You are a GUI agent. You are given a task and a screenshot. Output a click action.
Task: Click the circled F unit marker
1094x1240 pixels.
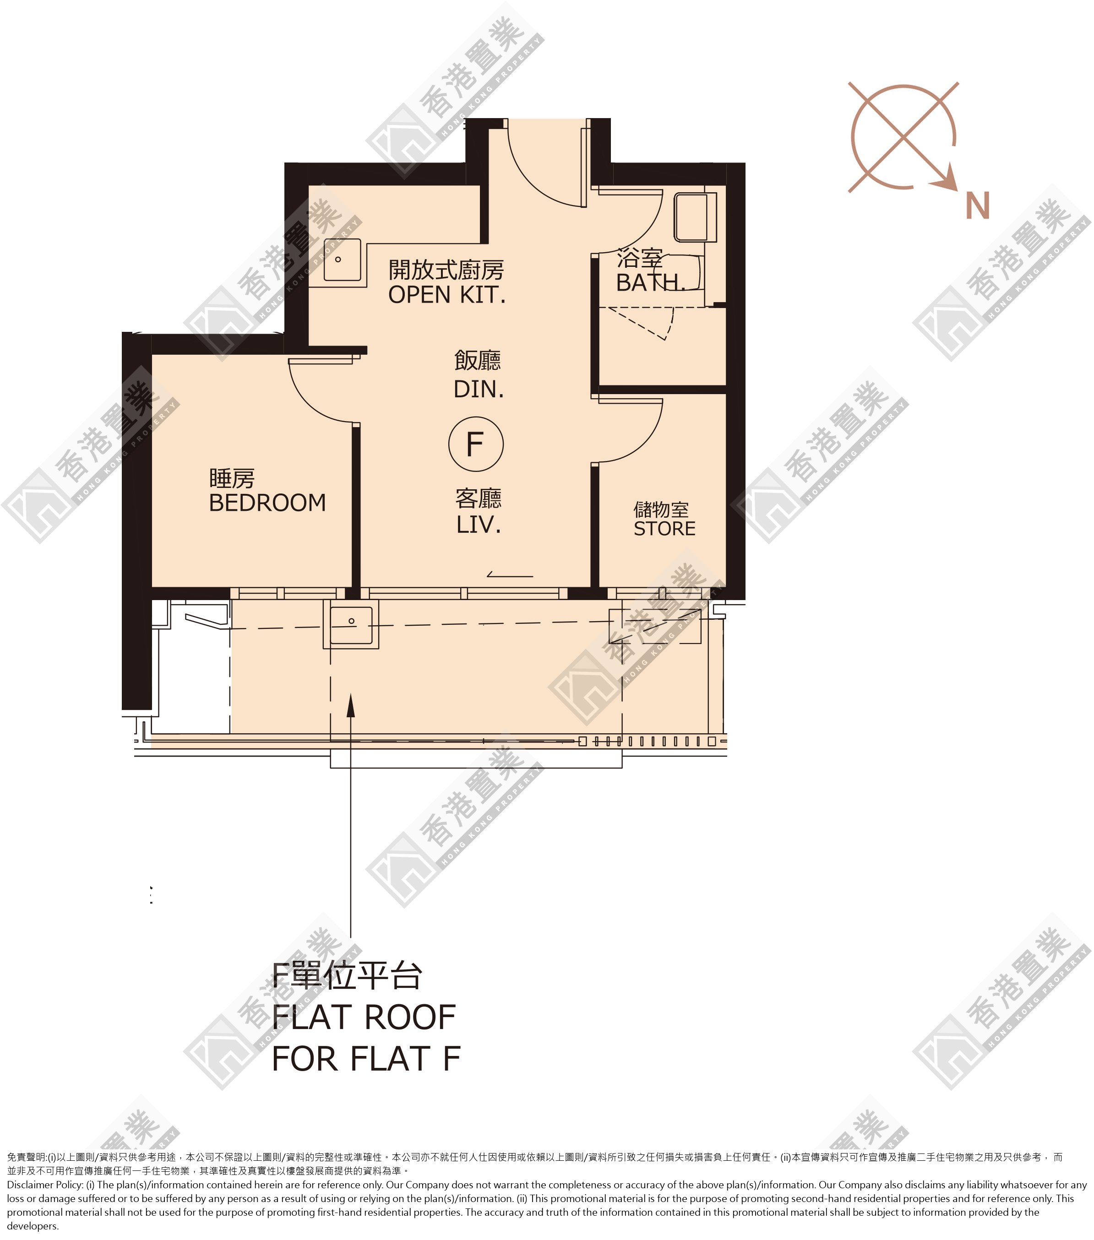pyautogui.click(x=476, y=444)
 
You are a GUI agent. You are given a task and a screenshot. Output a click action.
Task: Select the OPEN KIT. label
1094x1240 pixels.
pyautogui.click(x=446, y=295)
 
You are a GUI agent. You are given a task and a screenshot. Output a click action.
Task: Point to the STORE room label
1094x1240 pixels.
pyautogui.click(x=664, y=528)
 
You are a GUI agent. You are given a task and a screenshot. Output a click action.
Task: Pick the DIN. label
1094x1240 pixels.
pyautogui.click(x=479, y=389)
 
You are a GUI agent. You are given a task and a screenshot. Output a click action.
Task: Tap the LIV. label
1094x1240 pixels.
pyautogui.click(x=479, y=524)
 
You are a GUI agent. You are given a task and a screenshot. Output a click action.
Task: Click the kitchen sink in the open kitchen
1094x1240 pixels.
pyautogui.click(x=342, y=260)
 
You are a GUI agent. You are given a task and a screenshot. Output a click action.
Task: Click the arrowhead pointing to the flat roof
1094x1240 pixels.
pyautogui.click(x=350, y=705)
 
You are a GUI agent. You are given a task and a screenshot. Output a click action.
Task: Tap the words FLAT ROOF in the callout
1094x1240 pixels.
pyautogui.click(x=364, y=1018)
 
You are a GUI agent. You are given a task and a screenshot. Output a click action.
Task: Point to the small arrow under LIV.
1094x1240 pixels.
pyautogui.click(x=510, y=574)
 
